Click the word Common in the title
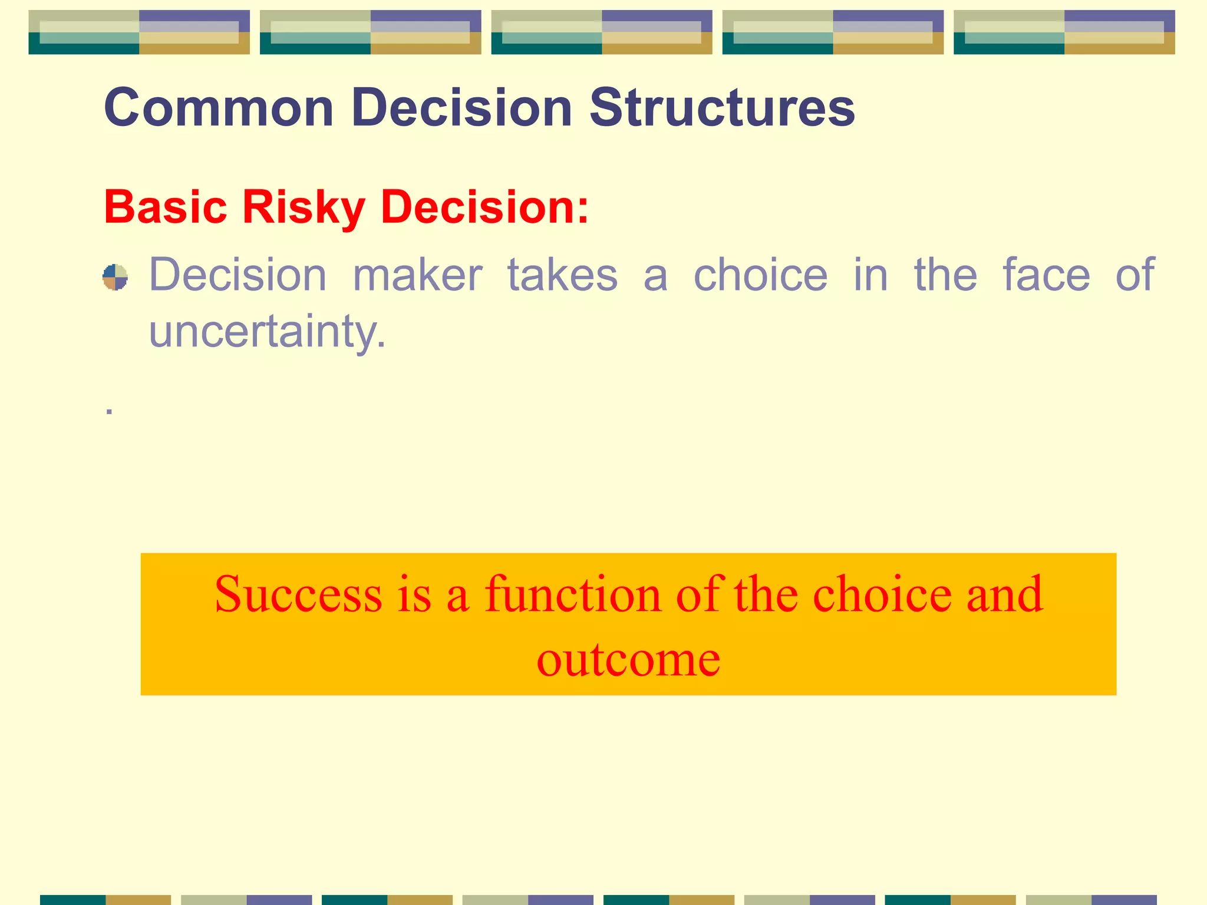point(219,108)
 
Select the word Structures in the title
point(722,108)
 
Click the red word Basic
point(166,207)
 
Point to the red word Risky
point(304,209)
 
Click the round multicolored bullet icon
point(115,277)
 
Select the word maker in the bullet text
point(417,275)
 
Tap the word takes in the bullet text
point(562,275)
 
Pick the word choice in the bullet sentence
point(760,275)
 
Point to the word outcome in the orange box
point(628,659)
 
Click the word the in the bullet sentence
point(945,275)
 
